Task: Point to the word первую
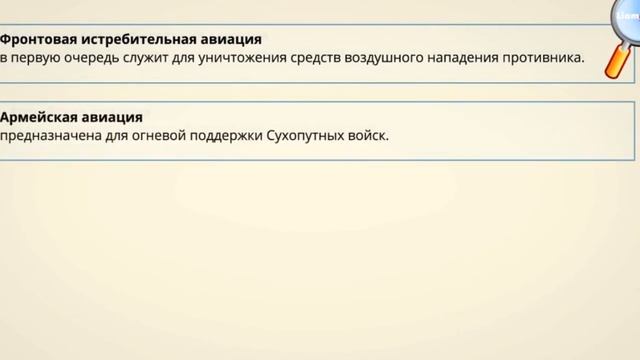[39, 58]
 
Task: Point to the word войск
[369, 136]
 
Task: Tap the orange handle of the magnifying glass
[617, 62]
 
